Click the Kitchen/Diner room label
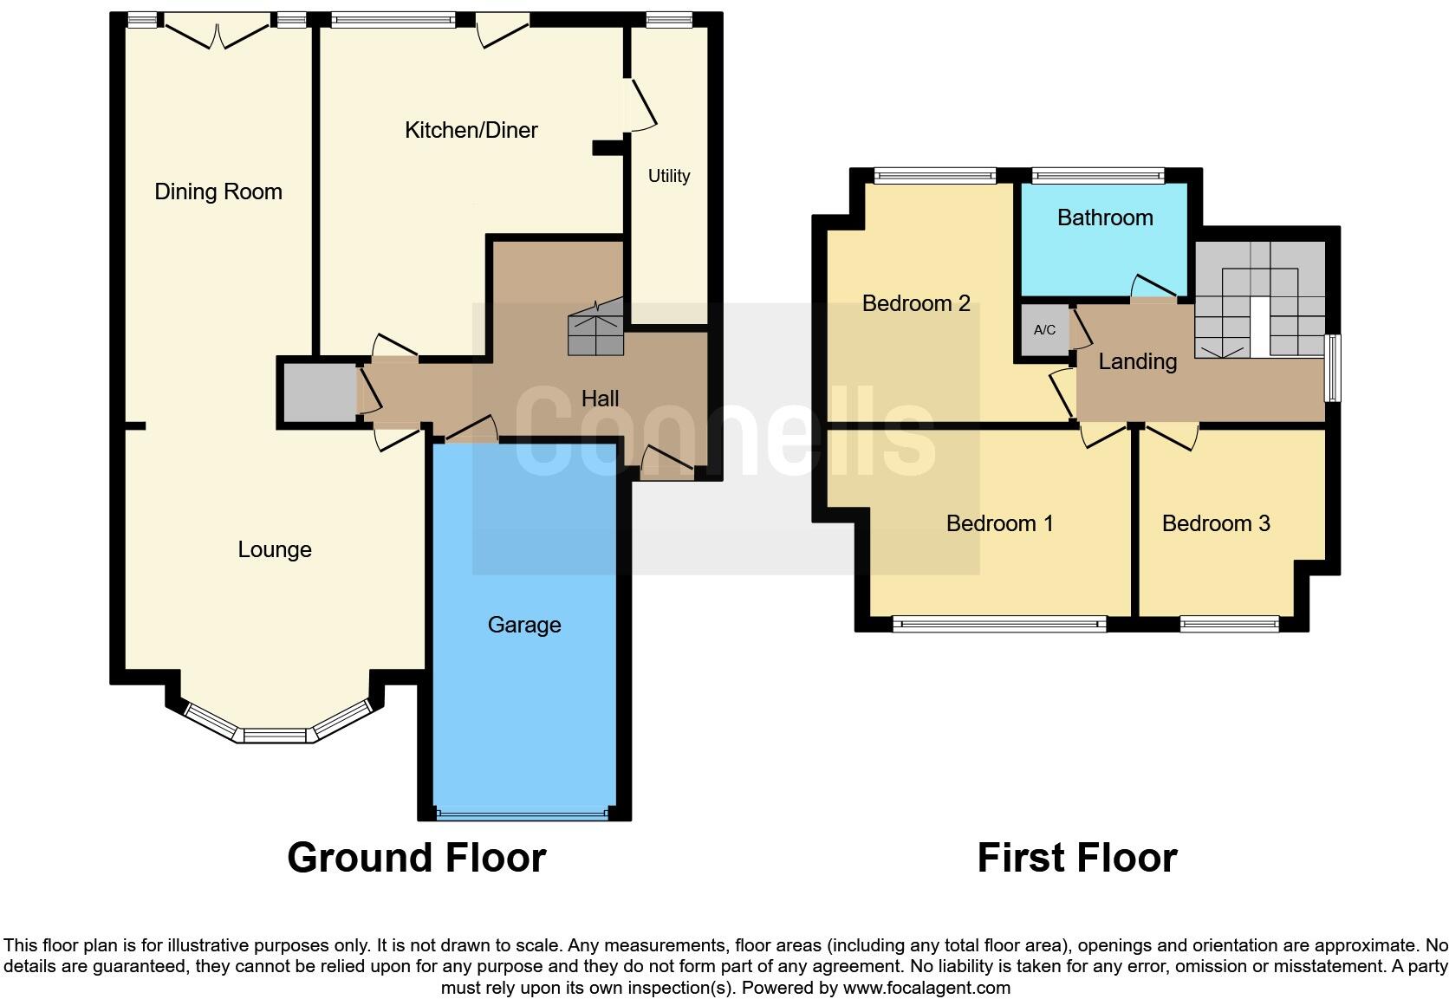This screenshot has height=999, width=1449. pyautogui.click(x=471, y=130)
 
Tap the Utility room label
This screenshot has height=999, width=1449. pyautogui.click(x=668, y=176)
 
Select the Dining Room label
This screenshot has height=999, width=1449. pyautogui.click(x=218, y=191)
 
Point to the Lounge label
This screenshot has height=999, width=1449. pyautogui.click(x=275, y=549)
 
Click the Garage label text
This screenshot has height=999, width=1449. pyautogui.click(x=523, y=625)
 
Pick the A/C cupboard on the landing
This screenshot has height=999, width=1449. pyautogui.click(x=1044, y=330)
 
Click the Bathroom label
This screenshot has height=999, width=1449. pyautogui.click(x=1104, y=217)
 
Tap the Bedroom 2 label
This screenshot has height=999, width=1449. pyautogui.click(x=915, y=303)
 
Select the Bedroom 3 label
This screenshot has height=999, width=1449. pyautogui.click(x=1215, y=523)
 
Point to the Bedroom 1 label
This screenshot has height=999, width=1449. pyautogui.click(x=999, y=523)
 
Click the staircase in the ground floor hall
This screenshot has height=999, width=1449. pyautogui.click(x=596, y=329)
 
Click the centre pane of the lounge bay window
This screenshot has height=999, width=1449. pyautogui.click(x=275, y=736)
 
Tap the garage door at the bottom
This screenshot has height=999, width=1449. pyautogui.click(x=523, y=814)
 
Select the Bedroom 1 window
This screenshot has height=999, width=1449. pyautogui.click(x=999, y=622)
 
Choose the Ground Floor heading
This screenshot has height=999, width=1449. pyautogui.click(x=416, y=858)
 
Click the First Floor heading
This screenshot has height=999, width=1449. pyautogui.click(x=1076, y=858)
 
